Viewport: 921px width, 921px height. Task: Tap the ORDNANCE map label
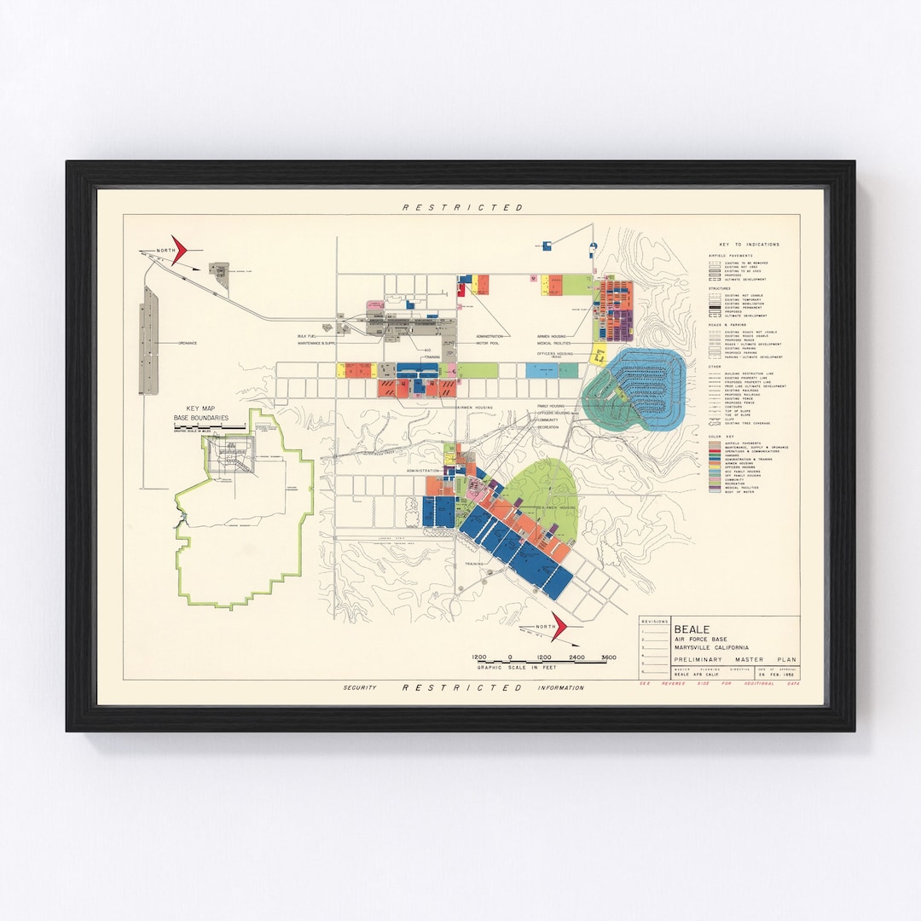coord(188,343)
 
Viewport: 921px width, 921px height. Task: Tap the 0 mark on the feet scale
coord(510,657)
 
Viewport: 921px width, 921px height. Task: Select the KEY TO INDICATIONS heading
coord(750,245)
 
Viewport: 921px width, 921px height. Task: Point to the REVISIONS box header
coord(655,622)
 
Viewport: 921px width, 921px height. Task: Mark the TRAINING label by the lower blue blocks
coord(475,565)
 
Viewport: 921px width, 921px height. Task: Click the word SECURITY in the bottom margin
coord(360,688)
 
